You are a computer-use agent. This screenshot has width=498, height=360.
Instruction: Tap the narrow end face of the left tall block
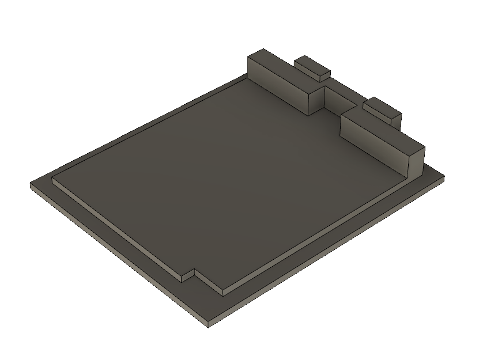tap(317, 101)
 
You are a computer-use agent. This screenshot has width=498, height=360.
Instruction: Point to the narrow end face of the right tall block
tap(416, 162)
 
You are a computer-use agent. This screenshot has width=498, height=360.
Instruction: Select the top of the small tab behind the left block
tap(312, 65)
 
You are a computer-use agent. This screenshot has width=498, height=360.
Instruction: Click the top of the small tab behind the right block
tap(382, 107)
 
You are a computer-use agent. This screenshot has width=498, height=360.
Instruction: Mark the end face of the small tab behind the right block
tap(395, 120)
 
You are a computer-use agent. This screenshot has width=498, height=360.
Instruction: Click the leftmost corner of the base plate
tap(31, 184)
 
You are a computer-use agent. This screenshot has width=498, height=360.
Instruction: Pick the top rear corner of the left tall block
tap(262, 50)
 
